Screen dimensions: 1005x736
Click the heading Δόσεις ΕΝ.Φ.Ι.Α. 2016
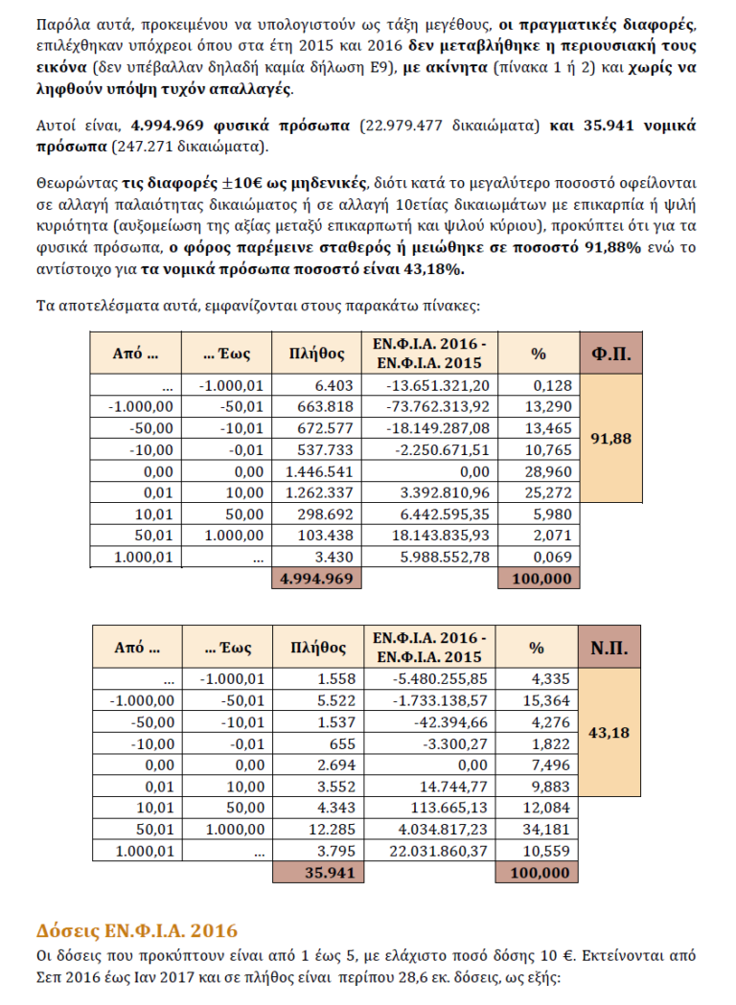coord(137,930)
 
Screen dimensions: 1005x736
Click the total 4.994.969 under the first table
coord(315,579)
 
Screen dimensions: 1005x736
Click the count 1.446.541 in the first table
coord(320,472)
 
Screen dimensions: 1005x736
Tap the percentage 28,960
coord(550,472)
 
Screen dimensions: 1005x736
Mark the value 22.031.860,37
coord(436,852)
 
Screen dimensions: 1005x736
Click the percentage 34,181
coord(550,830)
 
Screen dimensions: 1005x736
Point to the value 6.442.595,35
coord(442,515)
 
